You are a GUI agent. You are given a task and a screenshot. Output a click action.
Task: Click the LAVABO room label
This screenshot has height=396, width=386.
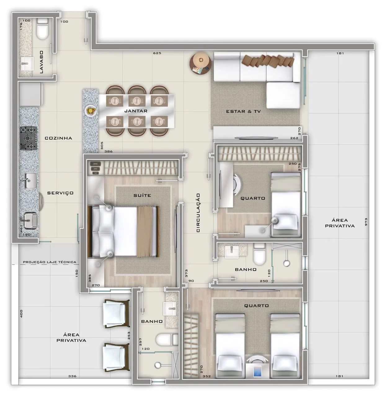click(x=42, y=62)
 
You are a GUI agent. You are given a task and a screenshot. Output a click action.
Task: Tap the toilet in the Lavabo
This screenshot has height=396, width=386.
click(x=42, y=29)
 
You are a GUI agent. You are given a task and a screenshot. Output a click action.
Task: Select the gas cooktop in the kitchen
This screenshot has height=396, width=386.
click(x=29, y=138)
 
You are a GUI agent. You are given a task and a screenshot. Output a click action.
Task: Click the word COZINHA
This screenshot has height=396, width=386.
click(x=58, y=138)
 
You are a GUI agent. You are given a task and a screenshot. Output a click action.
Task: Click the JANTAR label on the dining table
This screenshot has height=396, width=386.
click(x=136, y=111)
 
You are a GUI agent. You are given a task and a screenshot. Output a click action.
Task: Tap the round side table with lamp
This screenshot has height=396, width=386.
click(x=201, y=63)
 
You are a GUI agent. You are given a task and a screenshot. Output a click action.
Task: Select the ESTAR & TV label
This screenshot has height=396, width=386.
click(x=243, y=111)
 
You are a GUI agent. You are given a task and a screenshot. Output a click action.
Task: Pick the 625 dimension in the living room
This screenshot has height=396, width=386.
click(x=157, y=53)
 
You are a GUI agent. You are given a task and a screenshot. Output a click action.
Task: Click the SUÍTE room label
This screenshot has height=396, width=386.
click(x=142, y=195)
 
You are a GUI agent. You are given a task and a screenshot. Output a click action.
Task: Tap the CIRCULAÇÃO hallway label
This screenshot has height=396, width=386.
click(x=198, y=213)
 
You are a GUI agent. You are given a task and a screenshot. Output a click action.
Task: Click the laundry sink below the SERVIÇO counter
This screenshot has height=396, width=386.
click(x=30, y=220)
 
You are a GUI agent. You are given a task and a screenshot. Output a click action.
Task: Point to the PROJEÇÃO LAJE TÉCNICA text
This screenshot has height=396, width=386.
click(x=50, y=262)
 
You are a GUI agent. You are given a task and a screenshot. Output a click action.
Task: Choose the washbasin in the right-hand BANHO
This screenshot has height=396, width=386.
click(x=232, y=252)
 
